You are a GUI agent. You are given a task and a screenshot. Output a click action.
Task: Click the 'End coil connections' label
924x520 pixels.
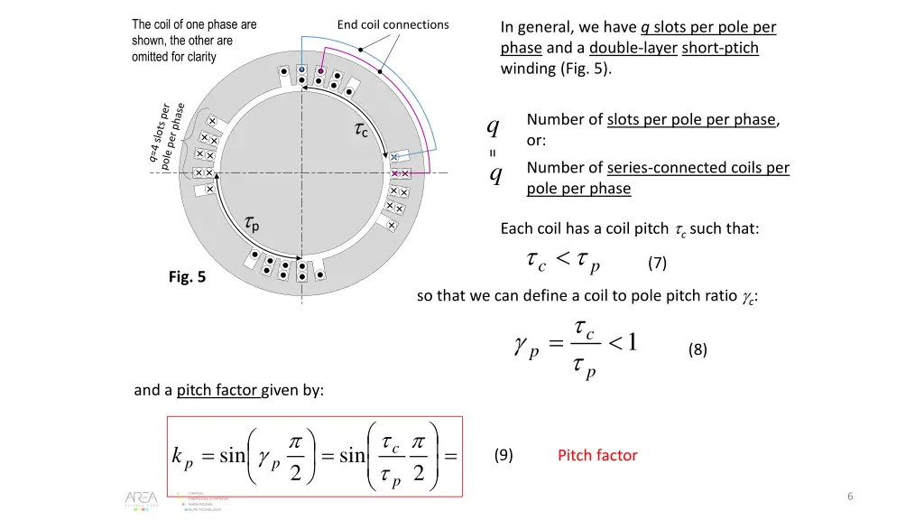click(x=393, y=24)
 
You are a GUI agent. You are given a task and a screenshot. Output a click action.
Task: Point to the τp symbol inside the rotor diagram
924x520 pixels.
click(x=253, y=223)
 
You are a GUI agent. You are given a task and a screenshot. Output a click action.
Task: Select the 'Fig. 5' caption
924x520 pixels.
click(x=187, y=277)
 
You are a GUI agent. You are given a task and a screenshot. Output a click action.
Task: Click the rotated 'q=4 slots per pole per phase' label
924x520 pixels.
click(x=166, y=135)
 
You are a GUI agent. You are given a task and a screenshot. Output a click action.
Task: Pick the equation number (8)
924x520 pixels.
click(x=698, y=350)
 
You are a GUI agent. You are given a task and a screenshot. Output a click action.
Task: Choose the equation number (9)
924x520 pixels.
click(x=504, y=455)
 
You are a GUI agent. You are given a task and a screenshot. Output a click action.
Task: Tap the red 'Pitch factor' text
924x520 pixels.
click(x=597, y=455)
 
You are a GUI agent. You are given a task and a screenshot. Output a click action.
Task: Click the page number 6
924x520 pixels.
click(x=851, y=497)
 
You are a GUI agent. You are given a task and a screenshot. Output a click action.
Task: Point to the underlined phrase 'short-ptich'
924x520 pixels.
click(x=720, y=48)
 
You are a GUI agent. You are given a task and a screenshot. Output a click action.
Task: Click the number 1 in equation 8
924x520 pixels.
click(x=633, y=344)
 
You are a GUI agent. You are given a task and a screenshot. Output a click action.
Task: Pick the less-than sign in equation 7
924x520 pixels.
click(x=561, y=261)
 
